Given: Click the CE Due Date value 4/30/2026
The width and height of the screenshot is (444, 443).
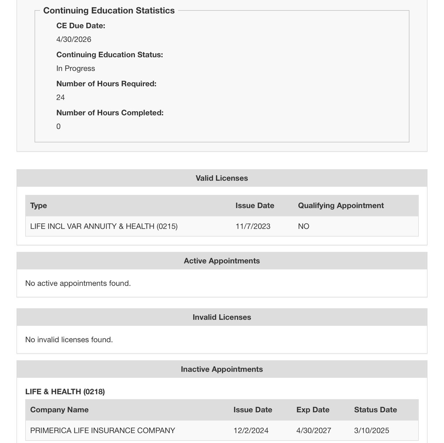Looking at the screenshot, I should pyautogui.click(x=74, y=40).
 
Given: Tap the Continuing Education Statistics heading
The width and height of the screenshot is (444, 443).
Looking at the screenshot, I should pyautogui.click(x=109, y=11).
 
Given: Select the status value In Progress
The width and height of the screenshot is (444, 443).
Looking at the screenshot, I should pyautogui.click(x=76, y=69).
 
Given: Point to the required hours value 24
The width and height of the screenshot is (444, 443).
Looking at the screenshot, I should pyautogui.click(x=60, y=97).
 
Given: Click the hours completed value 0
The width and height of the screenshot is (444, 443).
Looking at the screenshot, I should pyautogui.click(x=58, y=127).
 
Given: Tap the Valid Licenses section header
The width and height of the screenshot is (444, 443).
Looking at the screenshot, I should pyautogui.click(x=222, y=178).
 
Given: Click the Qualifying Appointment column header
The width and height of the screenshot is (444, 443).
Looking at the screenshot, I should pyautogui.click(x=341, y=206).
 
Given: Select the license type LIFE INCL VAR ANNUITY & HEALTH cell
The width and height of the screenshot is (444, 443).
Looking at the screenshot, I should pyautogui.click(x=104, y=226).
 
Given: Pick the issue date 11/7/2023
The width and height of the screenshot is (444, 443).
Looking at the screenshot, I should pyautogui.click(x=253, y=226).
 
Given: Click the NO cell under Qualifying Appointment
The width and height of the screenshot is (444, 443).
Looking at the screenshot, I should pyautogui.click(x=304, y=226).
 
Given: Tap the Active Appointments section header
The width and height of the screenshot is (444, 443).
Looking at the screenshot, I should pyautogui.click(x=222, y=261).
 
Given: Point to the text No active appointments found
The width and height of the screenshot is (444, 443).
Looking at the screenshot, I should pyautogui.click(x=78, y=284).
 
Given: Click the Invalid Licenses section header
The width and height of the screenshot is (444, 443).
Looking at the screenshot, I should pyautogui.click(x=222, y=317).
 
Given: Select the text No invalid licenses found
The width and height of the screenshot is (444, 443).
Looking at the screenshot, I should pyautogui.click(x=69, y=340).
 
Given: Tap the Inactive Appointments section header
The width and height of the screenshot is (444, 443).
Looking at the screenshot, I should pyautogui.click(x=222, y=369).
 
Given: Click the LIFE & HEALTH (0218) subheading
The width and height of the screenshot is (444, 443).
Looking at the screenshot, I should pyautogui.click(x=65, y=392).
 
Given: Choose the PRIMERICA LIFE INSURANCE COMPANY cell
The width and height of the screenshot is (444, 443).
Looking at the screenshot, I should pyautogui.click(x=102, y=431).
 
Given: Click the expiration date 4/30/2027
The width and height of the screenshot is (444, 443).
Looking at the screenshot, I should pyautogui.click(x=314, y=431).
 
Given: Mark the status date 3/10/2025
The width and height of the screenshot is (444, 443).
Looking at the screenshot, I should pyautogui.click(x=372, y=431).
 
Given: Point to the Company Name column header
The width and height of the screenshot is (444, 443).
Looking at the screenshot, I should pyautogui.click(x=59, y=410).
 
